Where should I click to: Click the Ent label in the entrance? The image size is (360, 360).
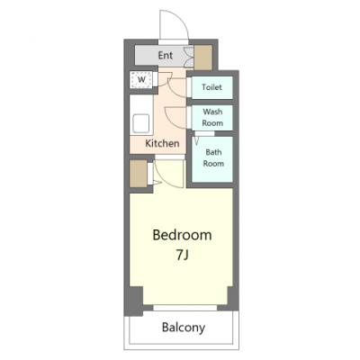(x=166, y=56)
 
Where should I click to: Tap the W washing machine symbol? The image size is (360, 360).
(x=141, y=80)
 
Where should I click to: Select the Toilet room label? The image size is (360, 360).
(x=211, y=87)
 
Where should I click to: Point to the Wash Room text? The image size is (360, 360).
(x=212, y=117)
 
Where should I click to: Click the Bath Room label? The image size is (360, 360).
(x=213, y=157)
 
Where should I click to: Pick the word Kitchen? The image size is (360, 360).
(x=162, y=143)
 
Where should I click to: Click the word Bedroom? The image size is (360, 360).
(x=182, y=235)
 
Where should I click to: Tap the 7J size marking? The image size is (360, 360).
(x=182, y=256)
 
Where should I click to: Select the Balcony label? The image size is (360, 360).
(x=184, y=328)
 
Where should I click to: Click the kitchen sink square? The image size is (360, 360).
(x=141, y=122)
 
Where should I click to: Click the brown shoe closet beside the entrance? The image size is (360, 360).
(x=203, y=58)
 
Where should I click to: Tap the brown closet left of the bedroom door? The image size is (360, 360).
(x=139, y=174)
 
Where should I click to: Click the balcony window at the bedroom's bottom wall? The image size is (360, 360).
(x=184, y=308)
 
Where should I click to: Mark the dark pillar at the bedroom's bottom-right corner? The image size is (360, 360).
(x=233, y=298)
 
